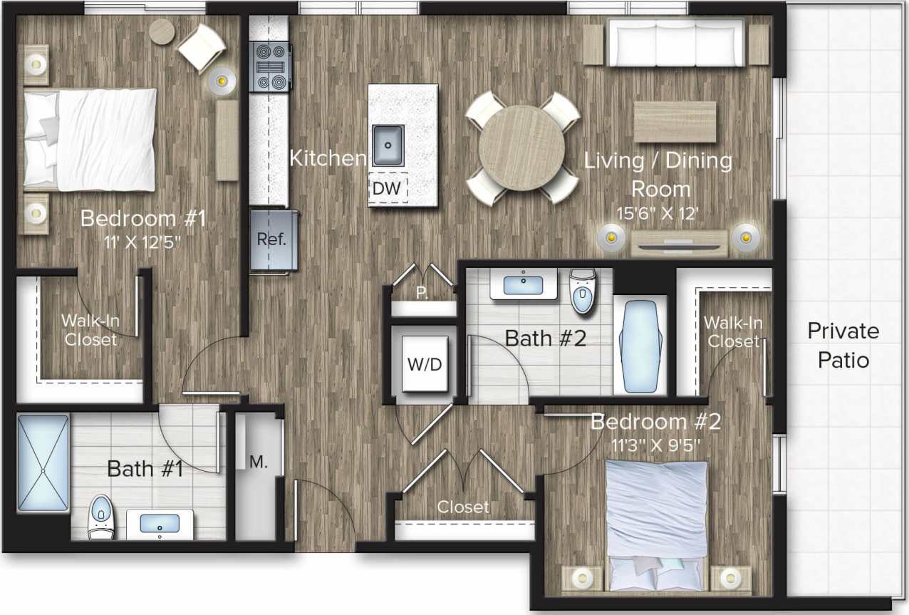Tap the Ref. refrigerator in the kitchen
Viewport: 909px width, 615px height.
tap(271, 239)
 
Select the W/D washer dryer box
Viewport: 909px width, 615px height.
tap(425, 364)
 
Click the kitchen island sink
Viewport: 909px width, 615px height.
tap(388, 145)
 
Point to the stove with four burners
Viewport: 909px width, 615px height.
tap(270, 67)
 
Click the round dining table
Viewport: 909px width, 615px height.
tap(521, 148)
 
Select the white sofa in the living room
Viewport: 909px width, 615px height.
tap(675, 43)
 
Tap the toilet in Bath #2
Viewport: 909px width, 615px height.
tap(583, 290)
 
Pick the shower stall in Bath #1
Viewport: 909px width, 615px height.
tap(43, 463)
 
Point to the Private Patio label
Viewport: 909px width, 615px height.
tap(843, 346)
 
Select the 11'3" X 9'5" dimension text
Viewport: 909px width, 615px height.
tap(655, 445)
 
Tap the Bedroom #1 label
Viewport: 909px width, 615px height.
tap(143, 218)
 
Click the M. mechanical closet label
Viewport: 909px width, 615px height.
tap(259, 462)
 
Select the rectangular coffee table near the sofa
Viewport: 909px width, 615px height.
tap(675, 122)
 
